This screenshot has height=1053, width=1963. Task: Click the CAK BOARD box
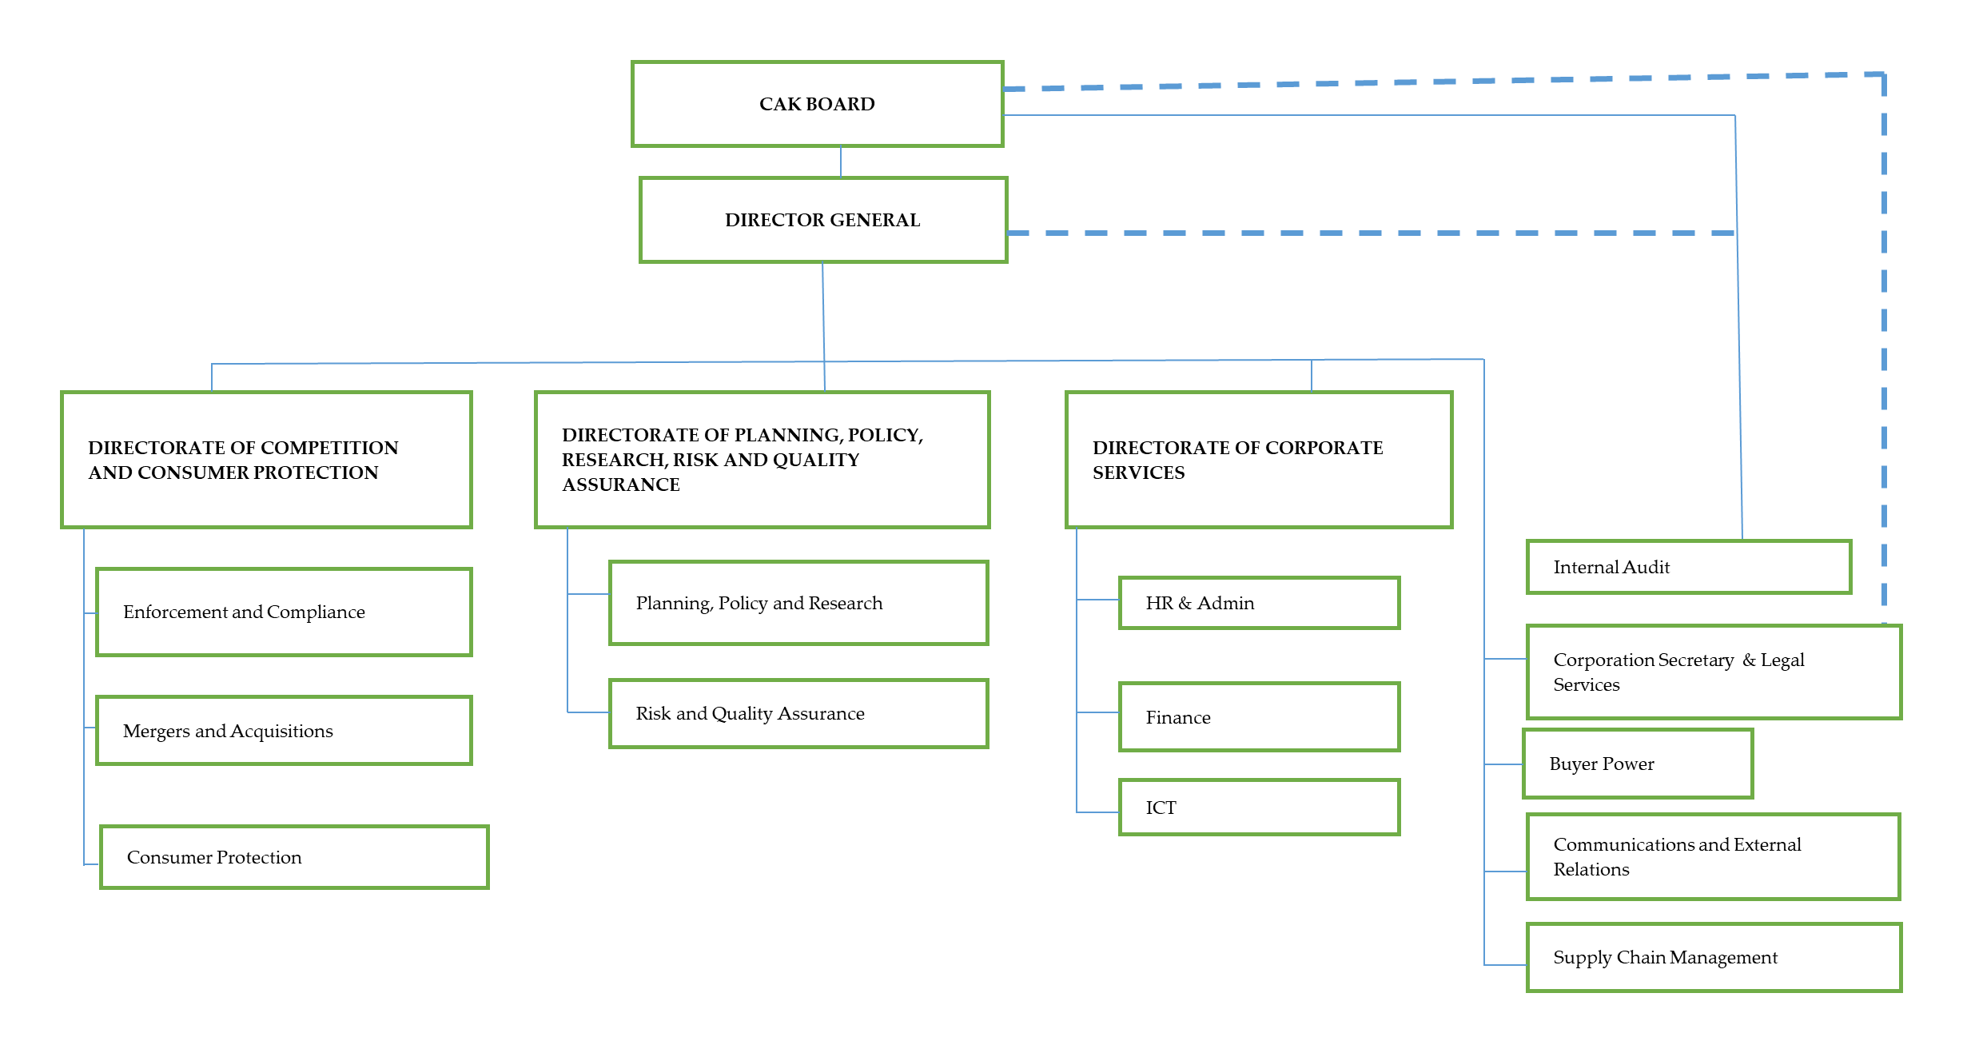click(817, 104)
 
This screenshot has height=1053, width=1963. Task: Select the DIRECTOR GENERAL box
click(822, 220)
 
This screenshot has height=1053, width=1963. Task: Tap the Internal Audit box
click(1688, 567)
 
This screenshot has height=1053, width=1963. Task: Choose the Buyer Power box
click(1637, 764)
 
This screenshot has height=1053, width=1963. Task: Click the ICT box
click(1258, 808)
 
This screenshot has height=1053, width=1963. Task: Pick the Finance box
click(1258, 717)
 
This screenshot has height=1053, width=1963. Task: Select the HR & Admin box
click(1258, 603)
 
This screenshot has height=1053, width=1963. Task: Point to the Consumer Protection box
click(293, 857)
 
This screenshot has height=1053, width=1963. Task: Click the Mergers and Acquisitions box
click(283, 731)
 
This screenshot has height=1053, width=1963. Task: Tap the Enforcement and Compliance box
click(283, 612)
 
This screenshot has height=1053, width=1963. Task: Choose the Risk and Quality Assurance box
click(798, 713)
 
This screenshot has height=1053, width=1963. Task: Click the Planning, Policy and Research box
click(798, 603)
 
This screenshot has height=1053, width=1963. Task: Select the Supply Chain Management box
click(1713, 957)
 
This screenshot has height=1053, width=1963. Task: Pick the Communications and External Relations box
click(1713, 856)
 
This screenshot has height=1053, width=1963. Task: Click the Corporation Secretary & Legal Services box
click(1713, 672)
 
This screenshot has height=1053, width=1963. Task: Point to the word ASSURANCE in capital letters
click(620, 485)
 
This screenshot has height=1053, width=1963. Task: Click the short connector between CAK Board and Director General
click(840, 162)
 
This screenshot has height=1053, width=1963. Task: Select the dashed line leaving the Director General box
click(1359, 233)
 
